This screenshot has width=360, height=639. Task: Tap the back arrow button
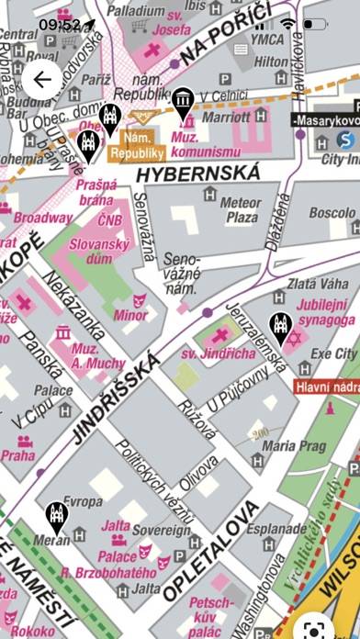click(42, 80)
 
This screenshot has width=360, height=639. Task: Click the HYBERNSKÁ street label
click(197, 173)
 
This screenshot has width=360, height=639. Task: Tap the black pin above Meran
click(57, 518)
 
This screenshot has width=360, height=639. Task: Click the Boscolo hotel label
click(331, 212)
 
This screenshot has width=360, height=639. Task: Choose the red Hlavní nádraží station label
click(327, 387)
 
